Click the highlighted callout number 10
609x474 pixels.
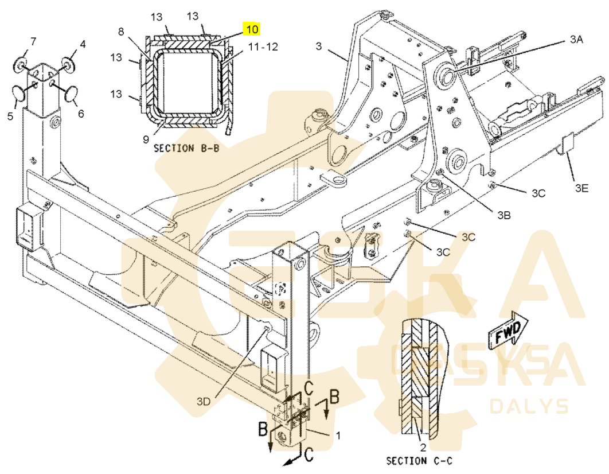252,29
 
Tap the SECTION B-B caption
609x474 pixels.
186,148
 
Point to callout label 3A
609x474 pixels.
576,39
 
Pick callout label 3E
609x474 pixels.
582,187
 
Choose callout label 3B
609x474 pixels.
504,215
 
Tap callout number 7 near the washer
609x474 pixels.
33,41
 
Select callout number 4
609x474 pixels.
83,44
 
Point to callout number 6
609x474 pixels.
81,114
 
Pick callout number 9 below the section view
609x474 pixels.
146,138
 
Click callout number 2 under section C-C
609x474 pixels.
422,448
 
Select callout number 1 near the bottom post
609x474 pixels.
338,436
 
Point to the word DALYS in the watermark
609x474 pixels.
529,406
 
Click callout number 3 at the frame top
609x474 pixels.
319,46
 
